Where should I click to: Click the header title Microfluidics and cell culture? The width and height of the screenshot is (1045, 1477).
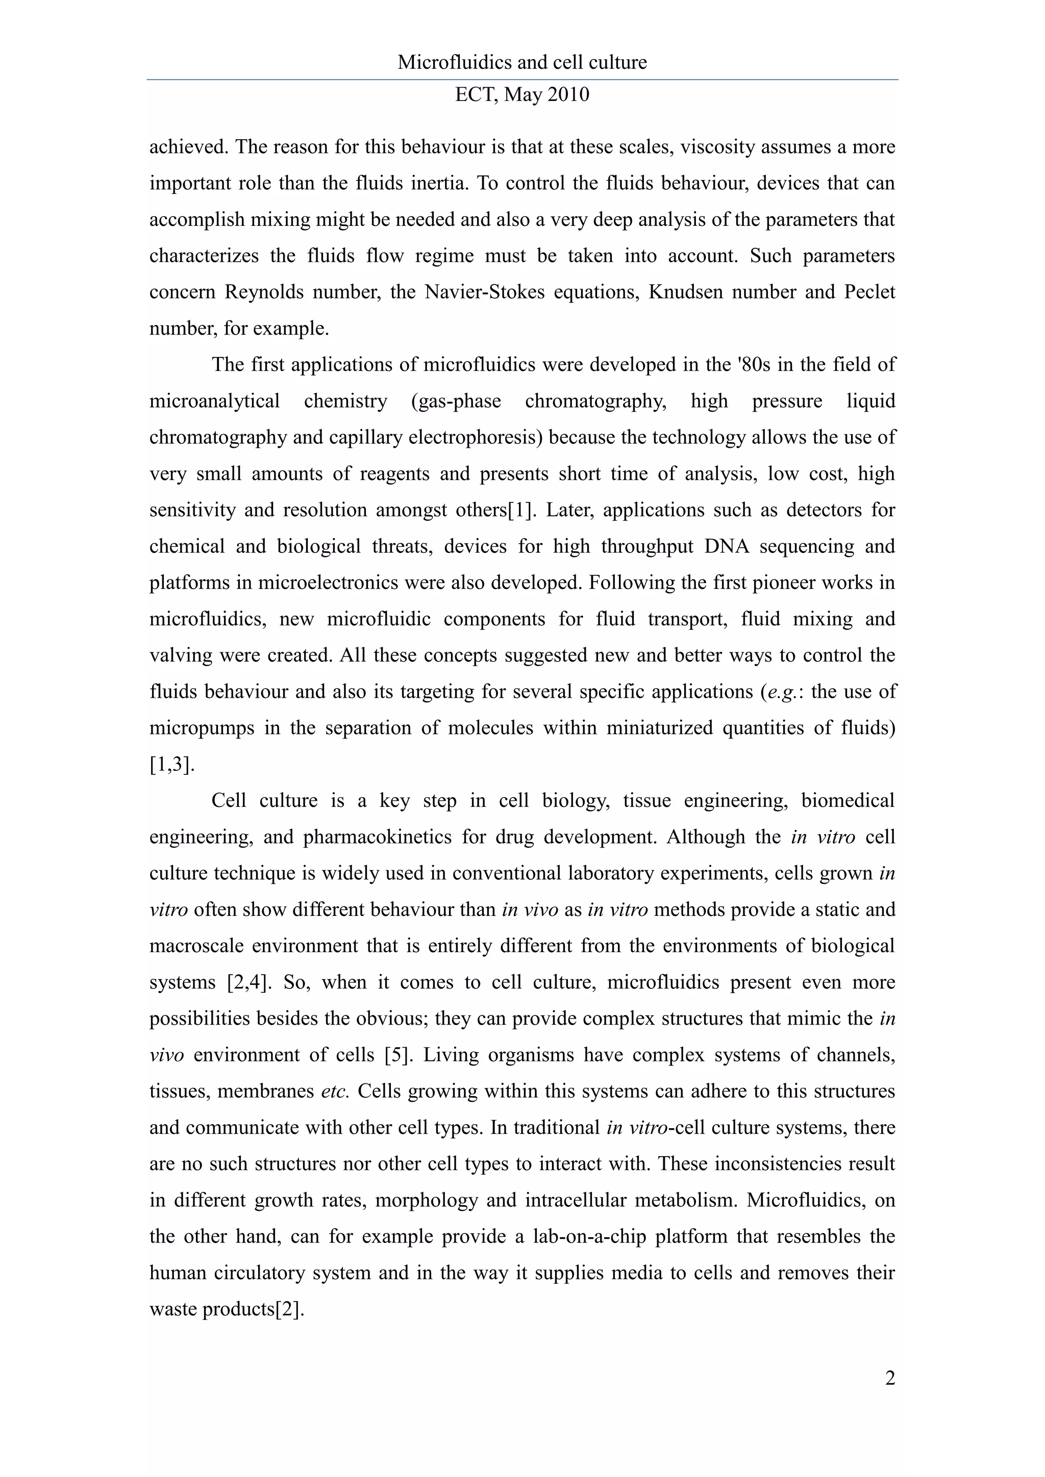tap(522, 62)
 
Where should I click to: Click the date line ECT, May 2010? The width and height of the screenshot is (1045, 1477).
tap(522, 94)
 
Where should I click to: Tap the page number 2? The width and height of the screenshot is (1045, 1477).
tap(890, 1378)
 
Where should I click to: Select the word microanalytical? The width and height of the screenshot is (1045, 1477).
tap(214, 401)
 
